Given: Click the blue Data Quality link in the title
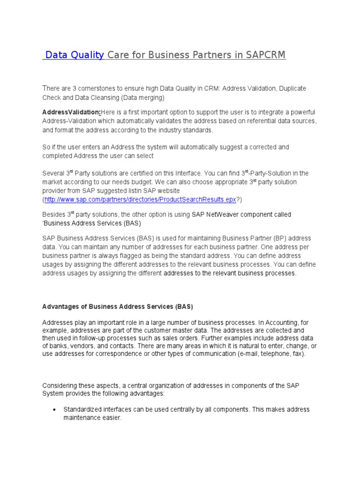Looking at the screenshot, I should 74,55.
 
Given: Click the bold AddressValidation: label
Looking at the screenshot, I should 71,112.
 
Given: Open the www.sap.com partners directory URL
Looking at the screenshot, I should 140,199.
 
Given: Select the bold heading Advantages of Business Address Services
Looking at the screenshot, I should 118,307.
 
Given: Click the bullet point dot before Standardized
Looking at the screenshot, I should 53,410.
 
